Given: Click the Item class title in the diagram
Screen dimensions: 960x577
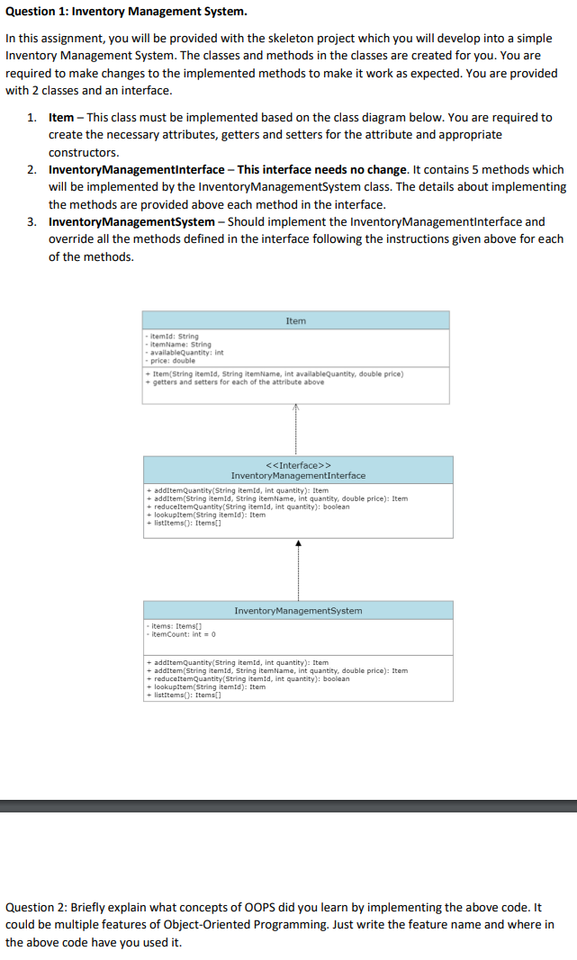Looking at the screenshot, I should [x=295, y=320].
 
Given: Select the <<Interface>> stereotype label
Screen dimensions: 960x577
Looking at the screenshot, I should [x=298, y=465].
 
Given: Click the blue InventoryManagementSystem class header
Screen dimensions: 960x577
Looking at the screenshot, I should [x=298, y=610].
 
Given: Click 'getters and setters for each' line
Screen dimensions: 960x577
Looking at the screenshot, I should [x=237, y=381].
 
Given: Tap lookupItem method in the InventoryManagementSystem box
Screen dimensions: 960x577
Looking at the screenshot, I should [x=206, y=686].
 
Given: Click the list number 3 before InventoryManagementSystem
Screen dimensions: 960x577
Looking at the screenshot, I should [x=32, y=221].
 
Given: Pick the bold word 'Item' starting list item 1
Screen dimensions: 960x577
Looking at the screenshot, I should [x=61, y=117].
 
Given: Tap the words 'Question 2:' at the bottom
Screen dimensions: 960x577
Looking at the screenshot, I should [x=41, y=907].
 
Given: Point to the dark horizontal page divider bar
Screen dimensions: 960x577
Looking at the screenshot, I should [x=288, y=805].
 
